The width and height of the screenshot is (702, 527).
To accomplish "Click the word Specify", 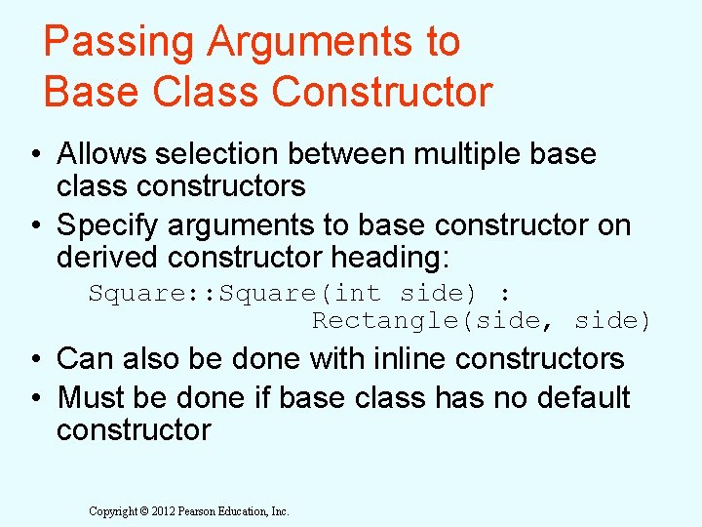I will click(108, 225).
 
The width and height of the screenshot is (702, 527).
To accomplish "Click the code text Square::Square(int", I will click(234, 294).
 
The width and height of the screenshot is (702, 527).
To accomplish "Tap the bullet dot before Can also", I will click(34, 359).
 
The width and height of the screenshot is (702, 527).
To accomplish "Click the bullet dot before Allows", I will click(34, 154).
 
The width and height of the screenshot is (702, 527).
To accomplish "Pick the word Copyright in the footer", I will click(113, 511).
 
